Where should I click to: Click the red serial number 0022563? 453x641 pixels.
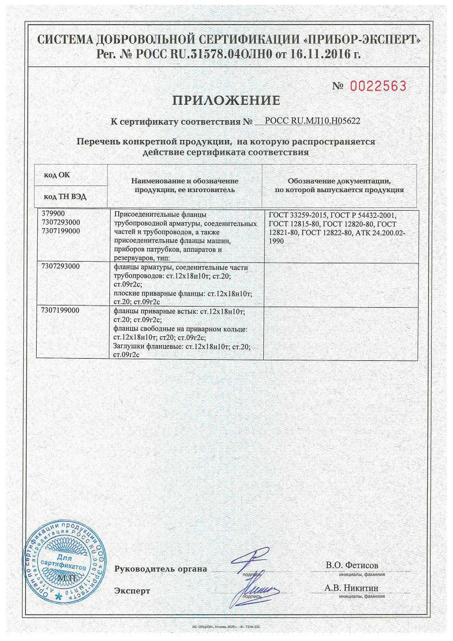click(378, 86)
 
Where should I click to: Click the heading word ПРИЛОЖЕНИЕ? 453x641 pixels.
click(226, 100)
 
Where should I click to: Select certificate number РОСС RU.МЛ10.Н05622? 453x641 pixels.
click(312, 121)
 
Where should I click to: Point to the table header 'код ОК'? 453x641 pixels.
click(57, 175)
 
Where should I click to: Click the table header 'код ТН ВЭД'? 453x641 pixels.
click(65, 197)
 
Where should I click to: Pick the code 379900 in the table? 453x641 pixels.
click(53, 214)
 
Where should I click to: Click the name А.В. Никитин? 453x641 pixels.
click(351, 588)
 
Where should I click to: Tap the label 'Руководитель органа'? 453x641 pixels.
click(161, 568)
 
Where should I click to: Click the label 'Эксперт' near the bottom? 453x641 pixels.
click(132, 591)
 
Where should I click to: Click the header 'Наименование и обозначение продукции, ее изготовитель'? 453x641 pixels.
click(185, 185)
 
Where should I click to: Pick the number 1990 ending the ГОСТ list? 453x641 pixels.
click(276, 241)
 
